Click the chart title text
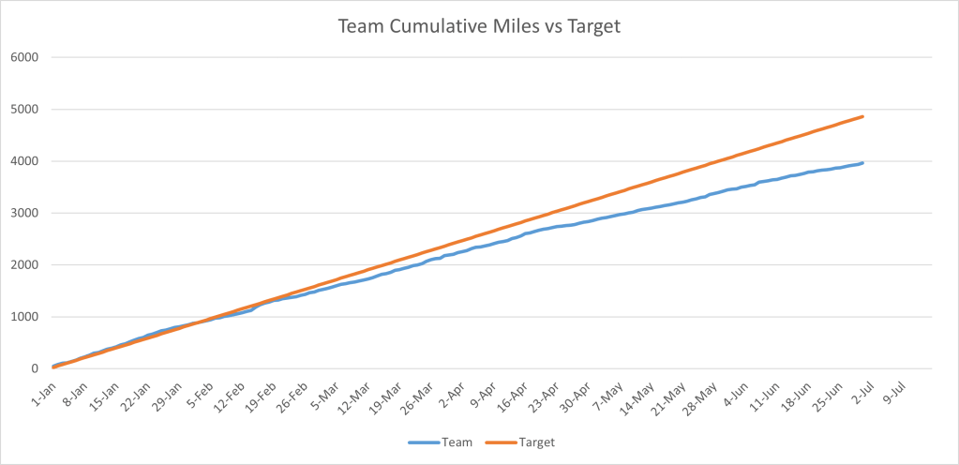479,27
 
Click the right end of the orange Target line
862,116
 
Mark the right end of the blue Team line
862,162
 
